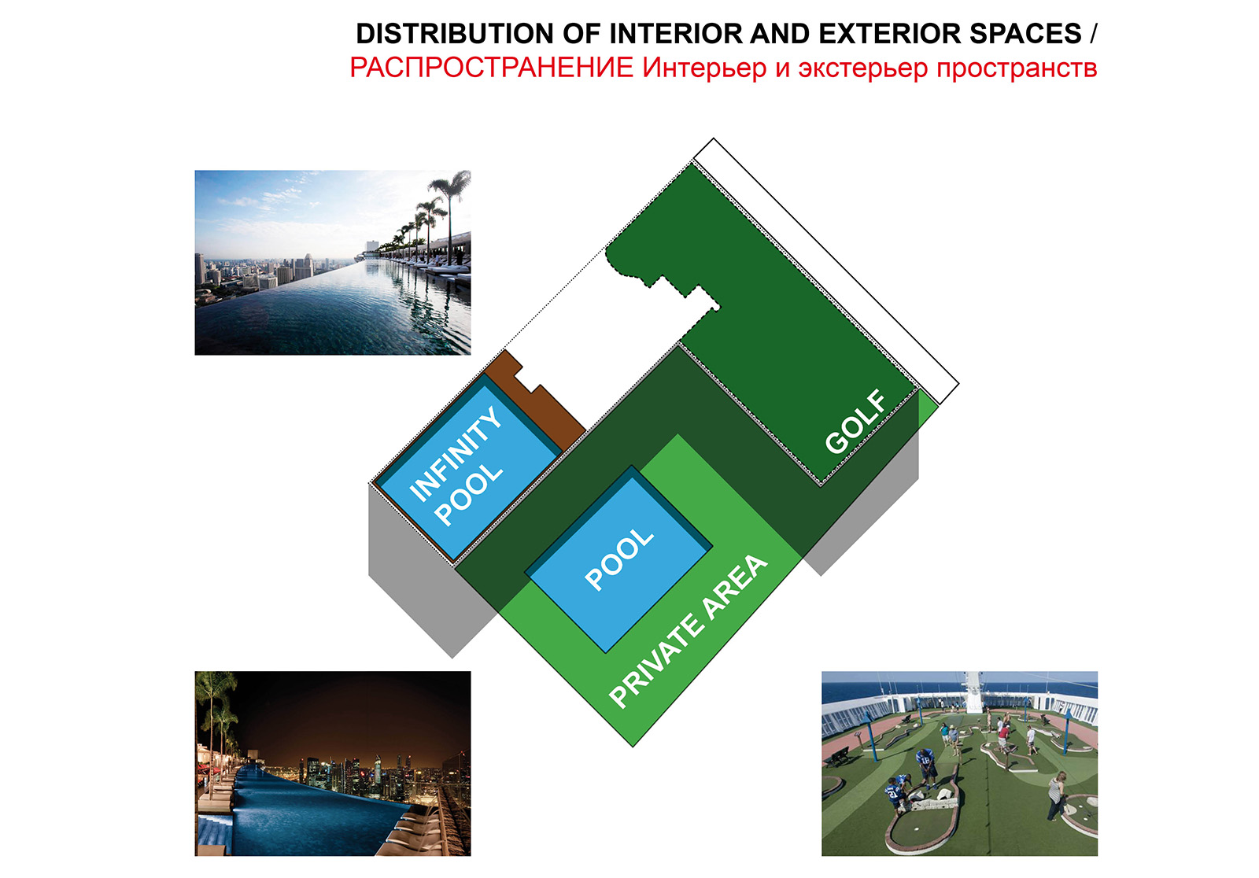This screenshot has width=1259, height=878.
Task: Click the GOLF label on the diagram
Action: tap(855, 422)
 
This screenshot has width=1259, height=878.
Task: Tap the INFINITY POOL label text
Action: tap(456, 466)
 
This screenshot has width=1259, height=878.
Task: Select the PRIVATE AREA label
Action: tap(688, 631)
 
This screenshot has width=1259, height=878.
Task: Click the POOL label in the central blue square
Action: tap(618, 559)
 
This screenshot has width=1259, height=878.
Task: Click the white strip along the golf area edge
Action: tap(826, 271)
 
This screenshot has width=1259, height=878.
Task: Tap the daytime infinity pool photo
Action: tap(333, 263)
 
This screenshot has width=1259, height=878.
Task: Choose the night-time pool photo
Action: tap(333, 763)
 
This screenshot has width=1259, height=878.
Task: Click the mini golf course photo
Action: tap(959, 763)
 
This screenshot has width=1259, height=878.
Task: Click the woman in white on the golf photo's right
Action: tap(1056, 796)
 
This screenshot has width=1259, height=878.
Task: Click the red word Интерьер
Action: tap(705, 68)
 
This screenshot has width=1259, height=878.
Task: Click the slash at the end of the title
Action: tap(1093, 35)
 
